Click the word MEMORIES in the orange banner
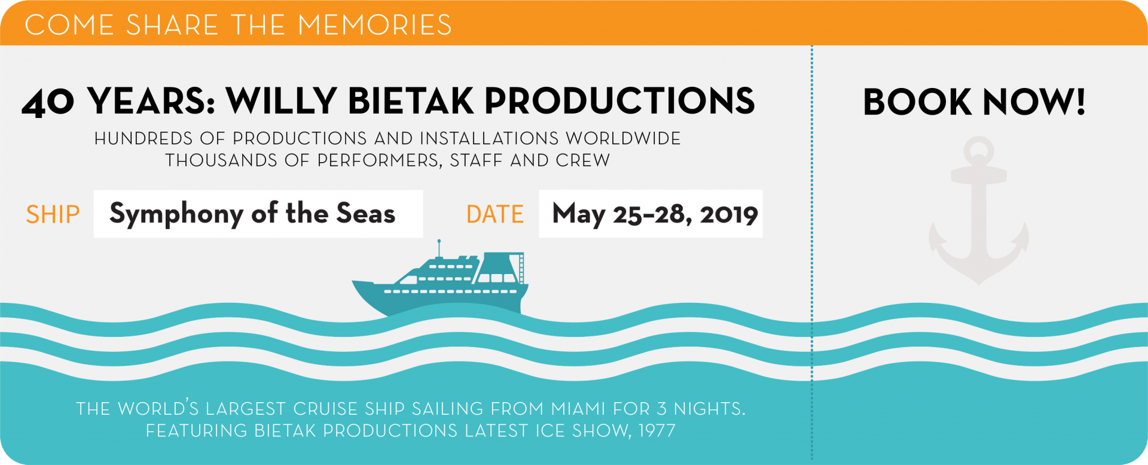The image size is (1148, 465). pos(375,25)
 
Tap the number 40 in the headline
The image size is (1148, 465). pos(48,102)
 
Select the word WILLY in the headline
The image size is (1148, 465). pos(282,101)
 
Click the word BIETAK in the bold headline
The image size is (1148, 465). pos(411,101)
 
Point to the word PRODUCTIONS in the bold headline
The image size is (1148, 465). pos(620,101)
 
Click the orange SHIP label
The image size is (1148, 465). pos(53,214)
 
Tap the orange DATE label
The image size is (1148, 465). pos(495,214)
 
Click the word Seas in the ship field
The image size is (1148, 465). pos(366,213)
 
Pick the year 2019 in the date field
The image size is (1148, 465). pos(729,214)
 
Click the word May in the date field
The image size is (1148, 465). pos(579,215)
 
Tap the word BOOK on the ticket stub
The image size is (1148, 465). pos(917,102)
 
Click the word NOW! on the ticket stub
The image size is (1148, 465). pos(1034,102)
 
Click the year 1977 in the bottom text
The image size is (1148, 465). pos(657,431)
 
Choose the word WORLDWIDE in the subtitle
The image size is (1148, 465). pos(623,139)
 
